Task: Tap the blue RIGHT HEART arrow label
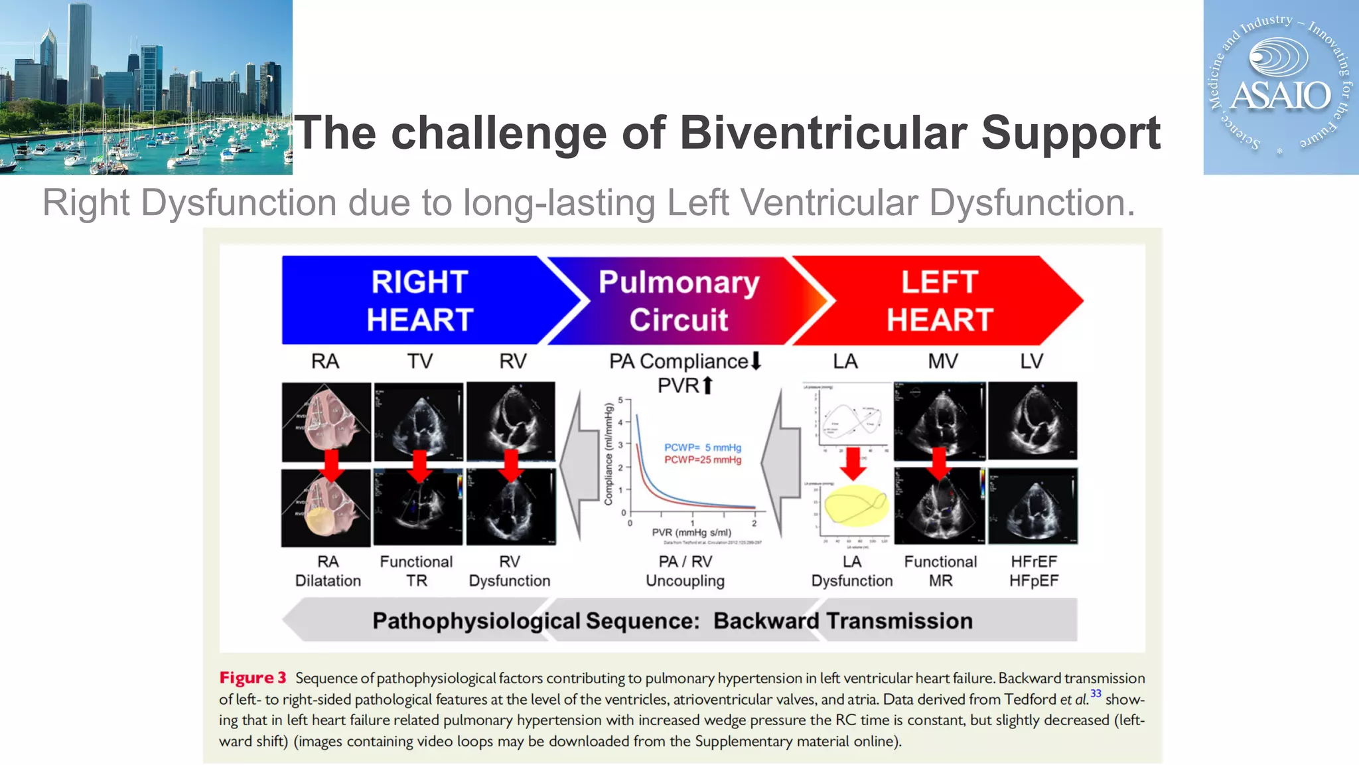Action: point(419,300)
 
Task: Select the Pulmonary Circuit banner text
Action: point(678,300)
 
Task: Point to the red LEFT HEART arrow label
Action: point(939,300)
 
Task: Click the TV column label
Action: point(419,361)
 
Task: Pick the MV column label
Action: point(942,361)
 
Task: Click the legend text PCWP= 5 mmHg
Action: point(703,448)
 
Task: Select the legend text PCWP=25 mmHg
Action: point(703,460)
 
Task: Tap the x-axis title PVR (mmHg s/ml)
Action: point(691,533)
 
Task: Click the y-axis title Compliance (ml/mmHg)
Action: point(608,454)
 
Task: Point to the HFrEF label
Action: point(1033,562)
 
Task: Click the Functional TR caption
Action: point(416,571)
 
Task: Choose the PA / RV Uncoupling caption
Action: point(685,571)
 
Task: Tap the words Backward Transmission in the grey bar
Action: point(843,621)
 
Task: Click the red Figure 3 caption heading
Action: point(253,678)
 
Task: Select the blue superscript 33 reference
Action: point(1096,693)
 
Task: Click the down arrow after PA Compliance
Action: point(756,361)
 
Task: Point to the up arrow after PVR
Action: point(707,385)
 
